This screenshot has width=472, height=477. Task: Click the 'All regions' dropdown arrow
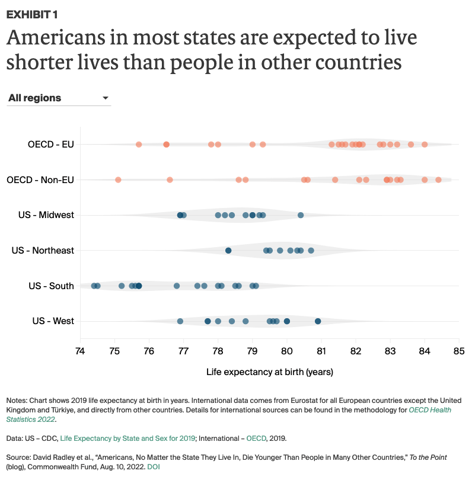106,98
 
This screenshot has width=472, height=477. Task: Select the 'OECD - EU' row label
50,144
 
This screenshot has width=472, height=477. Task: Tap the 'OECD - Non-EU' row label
40,180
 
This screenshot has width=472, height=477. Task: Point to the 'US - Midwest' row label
46,215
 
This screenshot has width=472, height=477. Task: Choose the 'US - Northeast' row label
43,251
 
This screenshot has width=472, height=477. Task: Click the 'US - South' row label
51,286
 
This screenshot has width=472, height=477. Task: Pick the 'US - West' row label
53,321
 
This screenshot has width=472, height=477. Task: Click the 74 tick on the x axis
80,351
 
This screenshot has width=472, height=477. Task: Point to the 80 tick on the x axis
287,351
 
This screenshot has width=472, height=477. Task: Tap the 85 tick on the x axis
459,351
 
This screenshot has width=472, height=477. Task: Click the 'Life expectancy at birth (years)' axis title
270,372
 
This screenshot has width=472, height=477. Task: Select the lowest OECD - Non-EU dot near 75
118,180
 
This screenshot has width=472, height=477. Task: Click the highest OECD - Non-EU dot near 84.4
438,180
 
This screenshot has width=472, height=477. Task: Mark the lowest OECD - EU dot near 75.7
139,145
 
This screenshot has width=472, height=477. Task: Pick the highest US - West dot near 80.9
318,321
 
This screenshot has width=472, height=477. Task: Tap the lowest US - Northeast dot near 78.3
228,251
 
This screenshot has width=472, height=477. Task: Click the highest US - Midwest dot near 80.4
301,215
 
